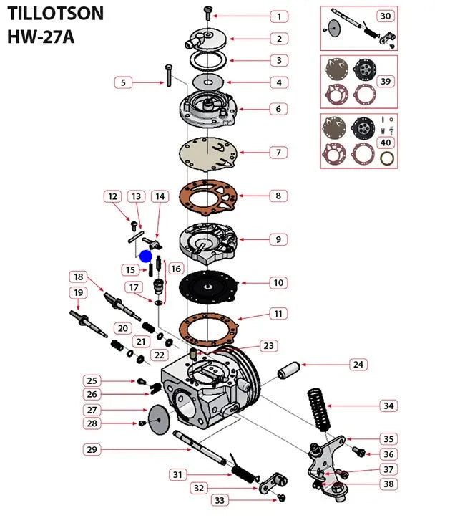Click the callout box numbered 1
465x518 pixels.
tap(279, 16)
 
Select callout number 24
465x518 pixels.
tap(357, 365)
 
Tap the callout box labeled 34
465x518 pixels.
tap(387, 406)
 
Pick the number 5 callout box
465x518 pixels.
tap(123, 82)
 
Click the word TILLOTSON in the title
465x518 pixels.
tap(55, 13)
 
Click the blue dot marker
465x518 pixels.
tap(146, 256)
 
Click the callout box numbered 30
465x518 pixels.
tap(385, 16)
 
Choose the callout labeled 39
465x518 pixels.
tap(385, 81)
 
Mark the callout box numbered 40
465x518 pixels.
tap(385, 142)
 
